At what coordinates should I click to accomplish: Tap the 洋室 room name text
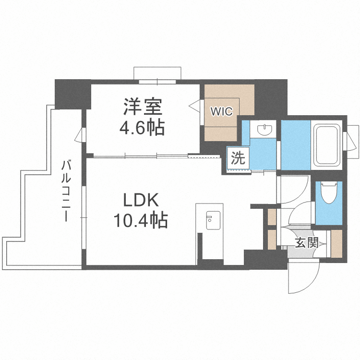(x=142, y=107)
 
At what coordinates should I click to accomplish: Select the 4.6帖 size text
(x=142, y=128)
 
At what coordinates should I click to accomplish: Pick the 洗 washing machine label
(x=238, y=158)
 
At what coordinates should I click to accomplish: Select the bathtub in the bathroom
(x=326, y=144)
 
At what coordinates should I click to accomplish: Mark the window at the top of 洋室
(x=157, y=73)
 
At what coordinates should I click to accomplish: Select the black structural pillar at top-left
(x=72, y=94)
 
